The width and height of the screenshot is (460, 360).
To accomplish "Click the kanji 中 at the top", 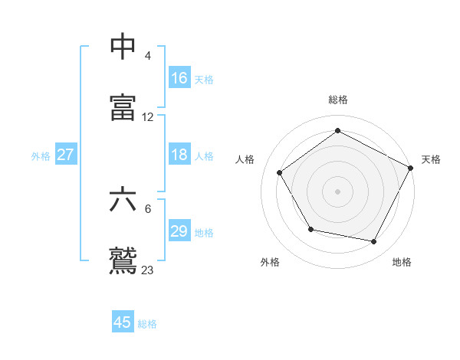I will tap(123, 47).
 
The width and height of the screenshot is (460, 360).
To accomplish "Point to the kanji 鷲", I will tap(123, 260).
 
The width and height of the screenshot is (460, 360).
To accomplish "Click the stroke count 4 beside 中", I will tap(148, 57).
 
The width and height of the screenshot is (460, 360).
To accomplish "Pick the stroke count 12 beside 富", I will tap(148, 117).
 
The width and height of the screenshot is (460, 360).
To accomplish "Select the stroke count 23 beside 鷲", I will tap(148, 270).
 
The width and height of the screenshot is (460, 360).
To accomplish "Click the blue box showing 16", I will tap(179, 78).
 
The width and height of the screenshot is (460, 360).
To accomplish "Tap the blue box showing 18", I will tap(179, 155).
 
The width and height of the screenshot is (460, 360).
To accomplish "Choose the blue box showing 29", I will tap(179, 231).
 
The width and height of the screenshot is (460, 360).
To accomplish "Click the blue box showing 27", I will tap(66, 155).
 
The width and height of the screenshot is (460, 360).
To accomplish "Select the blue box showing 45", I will tap(123, 322).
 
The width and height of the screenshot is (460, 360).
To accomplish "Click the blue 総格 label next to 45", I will tap(148, 324).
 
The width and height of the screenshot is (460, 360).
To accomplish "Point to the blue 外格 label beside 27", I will tap(41, 155).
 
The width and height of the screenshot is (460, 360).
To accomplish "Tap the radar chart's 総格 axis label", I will tap(338, 100).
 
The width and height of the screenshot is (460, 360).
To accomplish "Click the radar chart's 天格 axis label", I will tap(431, 159).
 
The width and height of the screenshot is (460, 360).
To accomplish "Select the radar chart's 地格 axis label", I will tap(402, 262).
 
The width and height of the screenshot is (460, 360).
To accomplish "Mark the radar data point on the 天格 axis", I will tap(411, 168).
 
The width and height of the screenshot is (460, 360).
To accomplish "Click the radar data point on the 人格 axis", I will tap(280, 173).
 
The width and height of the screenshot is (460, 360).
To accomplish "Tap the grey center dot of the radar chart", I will tap(338, 191).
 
